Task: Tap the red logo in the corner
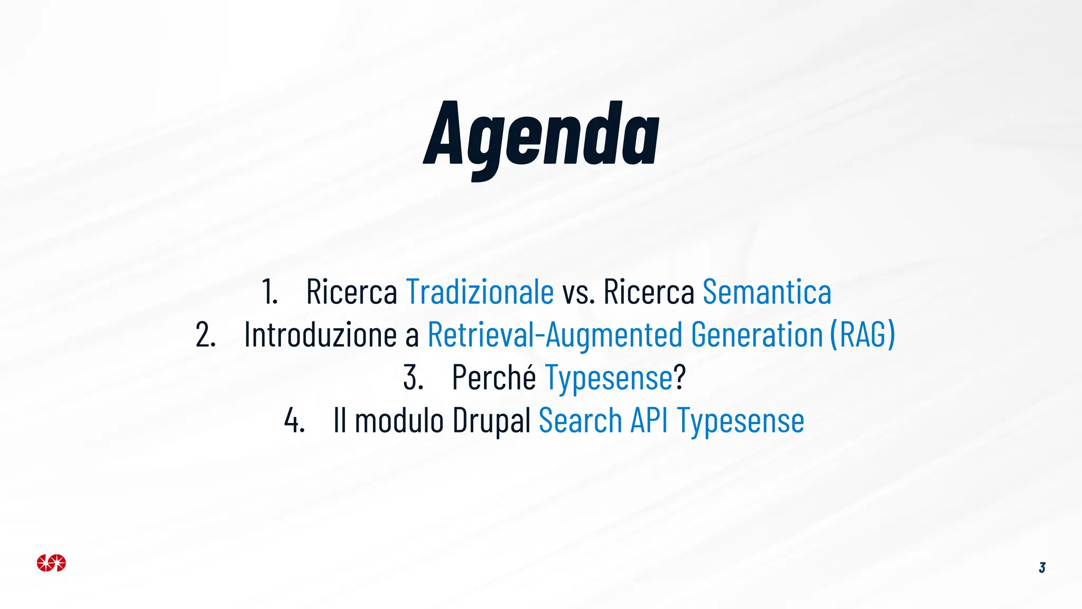click(x=51, y=563)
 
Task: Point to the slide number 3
click(x=1042, y=568)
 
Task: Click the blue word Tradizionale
click(x=480, y=292)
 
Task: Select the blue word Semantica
click(x=767, y=292)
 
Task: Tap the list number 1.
click(x=269, y=292)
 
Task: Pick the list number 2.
click(x=206, y=335)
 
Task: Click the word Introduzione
click(x=320, y=335)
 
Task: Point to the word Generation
click(x=757, y=335)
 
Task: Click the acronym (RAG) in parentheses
click(x=863, y=335)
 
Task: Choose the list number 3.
click(x=413, y=378)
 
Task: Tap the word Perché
click(x=494, y=377)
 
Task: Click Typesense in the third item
click(x=609, y=379)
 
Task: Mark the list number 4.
click(x=294, y=421)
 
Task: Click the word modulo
click(x=399, y=421)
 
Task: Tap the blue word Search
click(x=581, y=421)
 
